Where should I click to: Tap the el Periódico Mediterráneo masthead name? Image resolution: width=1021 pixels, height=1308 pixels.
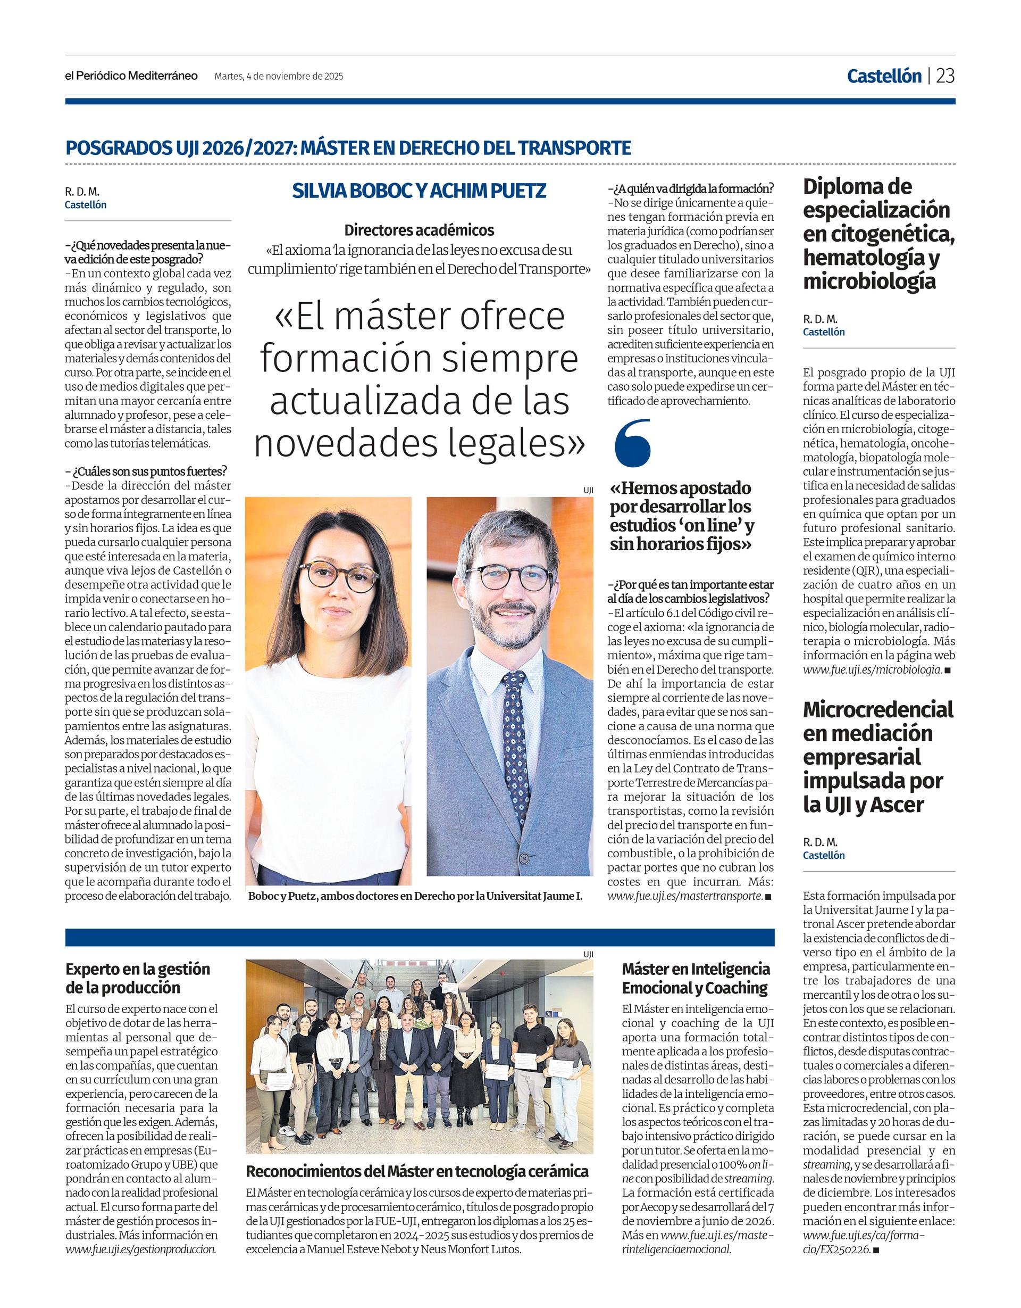click(x=132, y=76)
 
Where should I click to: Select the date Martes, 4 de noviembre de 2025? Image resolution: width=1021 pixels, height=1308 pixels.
click(x=279, y=77)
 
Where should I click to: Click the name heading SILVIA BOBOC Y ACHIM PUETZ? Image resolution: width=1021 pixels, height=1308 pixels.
click(x=419, y=191)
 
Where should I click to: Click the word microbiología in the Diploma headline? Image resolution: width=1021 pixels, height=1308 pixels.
click(x=869, y=282)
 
